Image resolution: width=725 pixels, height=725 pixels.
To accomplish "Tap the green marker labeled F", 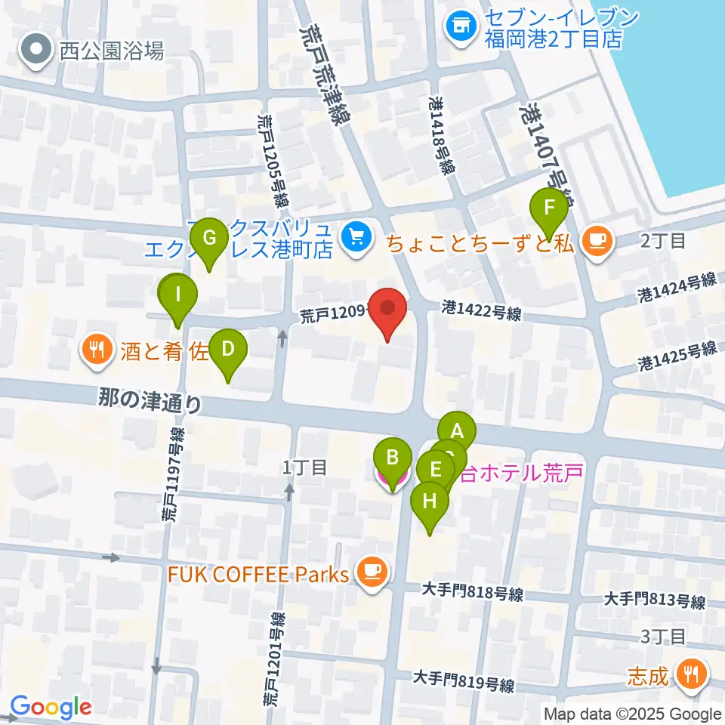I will pyautogui.click(x=549, y=208).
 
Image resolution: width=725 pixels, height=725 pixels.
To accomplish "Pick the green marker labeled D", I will pyautogui.click(x=227, y=350).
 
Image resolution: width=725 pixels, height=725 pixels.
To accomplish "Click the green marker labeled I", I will pyautogui.click(x=178, y=295).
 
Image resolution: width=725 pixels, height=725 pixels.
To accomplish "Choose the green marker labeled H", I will pyautogui.click(x=429, y=501).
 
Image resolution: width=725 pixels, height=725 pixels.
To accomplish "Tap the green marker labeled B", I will pyautogui.click(x=393, y=458).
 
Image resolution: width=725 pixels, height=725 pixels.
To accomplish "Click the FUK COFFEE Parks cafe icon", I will pyautogui.click(x=371, y=570).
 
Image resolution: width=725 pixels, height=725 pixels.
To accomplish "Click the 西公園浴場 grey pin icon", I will pyautogui.click(x=35, y=51).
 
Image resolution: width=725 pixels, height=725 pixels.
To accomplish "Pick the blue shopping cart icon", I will pyautogui.click(x=353, y=238).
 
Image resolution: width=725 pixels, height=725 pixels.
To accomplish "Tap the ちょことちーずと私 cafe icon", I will pyautogui.click(x=597, y=241).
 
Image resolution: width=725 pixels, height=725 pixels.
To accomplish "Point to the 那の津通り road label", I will pyautogui.click(x=150, y=400).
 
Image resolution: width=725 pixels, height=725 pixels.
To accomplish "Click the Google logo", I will pyautogui.click(x=51, y=707).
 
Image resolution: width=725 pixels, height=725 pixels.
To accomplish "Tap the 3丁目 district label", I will pyautogui.click(x=662, y=637).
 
